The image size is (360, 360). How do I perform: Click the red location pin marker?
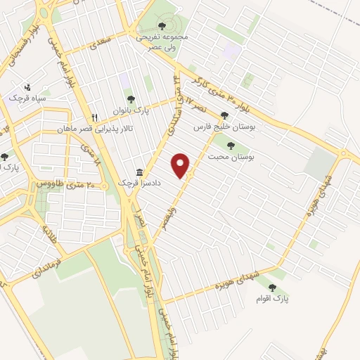182,165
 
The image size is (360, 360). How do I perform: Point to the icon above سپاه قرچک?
27,87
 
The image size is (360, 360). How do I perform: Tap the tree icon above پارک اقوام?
271,286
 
